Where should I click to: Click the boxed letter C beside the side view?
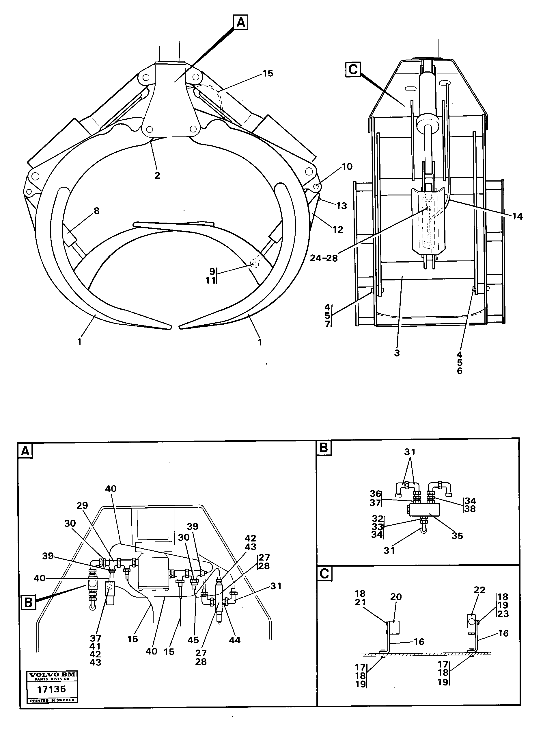pos(353,70)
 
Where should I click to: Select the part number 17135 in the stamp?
pos(52,689)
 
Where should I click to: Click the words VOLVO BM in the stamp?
pos(52,674)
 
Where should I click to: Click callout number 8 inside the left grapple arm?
pos(96,211)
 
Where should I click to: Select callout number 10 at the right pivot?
pos(347,167)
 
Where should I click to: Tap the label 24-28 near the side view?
pos(324,258)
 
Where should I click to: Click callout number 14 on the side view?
pos(517,216)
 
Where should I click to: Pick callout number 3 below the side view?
pos(397,353)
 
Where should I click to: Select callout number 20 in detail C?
pos(396,597)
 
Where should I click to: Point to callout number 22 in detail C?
pos(479,589)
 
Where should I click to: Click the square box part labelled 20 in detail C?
pos(393,627)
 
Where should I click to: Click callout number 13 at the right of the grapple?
pos(342,206)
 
